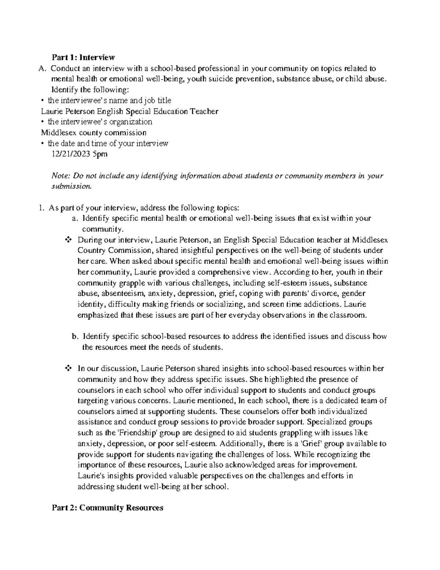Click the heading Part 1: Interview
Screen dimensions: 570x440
[x=83, y=57]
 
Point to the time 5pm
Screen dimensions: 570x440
[x=100, y=154]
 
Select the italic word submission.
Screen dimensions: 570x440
[x=70, y=186]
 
